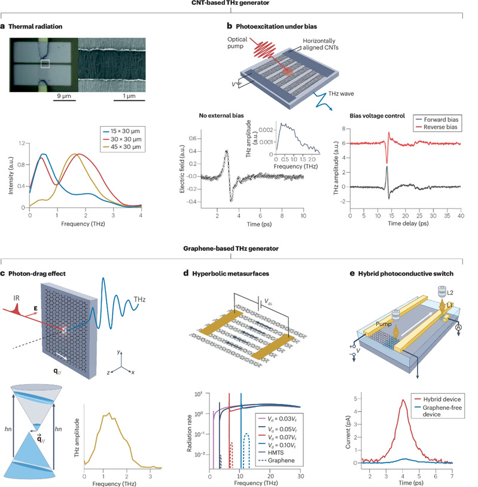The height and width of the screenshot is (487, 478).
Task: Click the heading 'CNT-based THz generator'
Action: click(239, 5)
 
